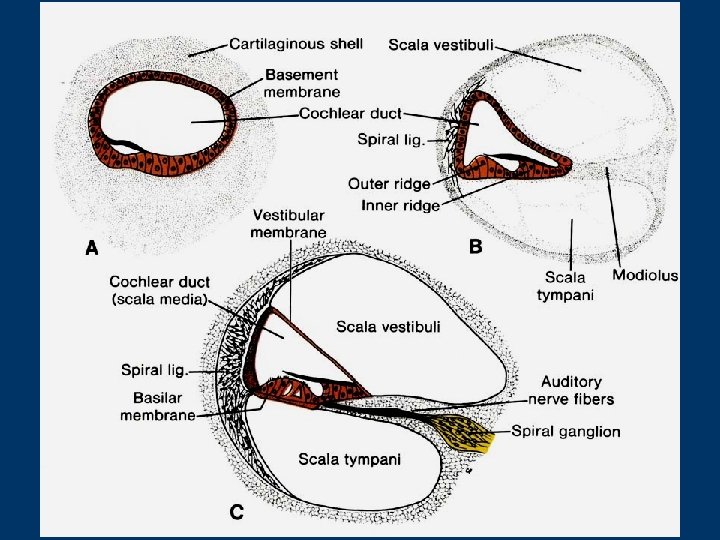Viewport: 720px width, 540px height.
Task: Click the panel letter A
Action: click(90, 250)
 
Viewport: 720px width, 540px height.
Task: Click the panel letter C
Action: click(237, 513)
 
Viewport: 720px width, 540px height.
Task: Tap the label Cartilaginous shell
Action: click(295, 44)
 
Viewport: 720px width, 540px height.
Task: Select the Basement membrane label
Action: click(301, 83)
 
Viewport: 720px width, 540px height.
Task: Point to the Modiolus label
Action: click(645, 275)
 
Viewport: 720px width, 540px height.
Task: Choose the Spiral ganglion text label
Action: click(566, 432)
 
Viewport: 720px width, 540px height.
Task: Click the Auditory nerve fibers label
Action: click(571, 390)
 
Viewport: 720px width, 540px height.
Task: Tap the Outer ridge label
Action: click(389, 184)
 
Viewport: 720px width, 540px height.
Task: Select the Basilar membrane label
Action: click(157, 407)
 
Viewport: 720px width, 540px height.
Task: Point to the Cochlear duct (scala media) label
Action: click(159, 290)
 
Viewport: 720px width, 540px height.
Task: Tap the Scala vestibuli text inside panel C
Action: click(388, 326)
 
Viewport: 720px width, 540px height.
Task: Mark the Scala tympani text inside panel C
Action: click(350, 459)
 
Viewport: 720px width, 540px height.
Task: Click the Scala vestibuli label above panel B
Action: click(441, 44)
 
